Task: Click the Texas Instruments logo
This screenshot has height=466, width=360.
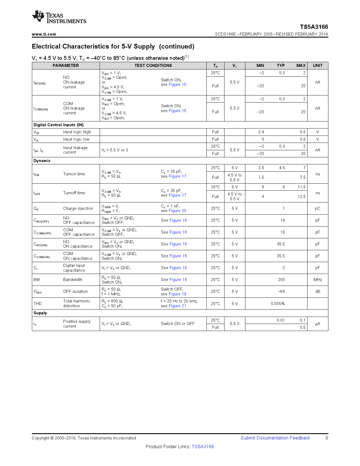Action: [59, 18]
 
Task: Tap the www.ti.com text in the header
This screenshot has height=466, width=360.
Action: [44, 34]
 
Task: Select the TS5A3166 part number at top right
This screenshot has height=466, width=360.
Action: [314, 27]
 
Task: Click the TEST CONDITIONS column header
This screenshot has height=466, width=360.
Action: [153, 66]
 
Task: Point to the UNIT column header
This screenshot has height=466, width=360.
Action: [317, 66]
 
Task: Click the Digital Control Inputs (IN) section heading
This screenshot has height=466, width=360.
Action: [58, 125]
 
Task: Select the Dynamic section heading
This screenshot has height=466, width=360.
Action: [42, 161]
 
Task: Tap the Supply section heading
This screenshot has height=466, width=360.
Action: [40, 313]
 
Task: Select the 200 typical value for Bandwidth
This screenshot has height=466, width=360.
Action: [281, 280]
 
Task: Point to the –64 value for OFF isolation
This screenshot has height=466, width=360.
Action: [281, 291]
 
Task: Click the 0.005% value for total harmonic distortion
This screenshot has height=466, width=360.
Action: [278, 304]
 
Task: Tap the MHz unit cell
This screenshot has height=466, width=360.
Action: [317, 280]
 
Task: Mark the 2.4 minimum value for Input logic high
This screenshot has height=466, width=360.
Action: [261, 132]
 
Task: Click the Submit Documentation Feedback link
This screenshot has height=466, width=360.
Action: [275, 438]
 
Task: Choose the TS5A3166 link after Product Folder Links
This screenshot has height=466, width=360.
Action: [203, 447]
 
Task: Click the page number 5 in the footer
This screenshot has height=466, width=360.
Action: [327, 438]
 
